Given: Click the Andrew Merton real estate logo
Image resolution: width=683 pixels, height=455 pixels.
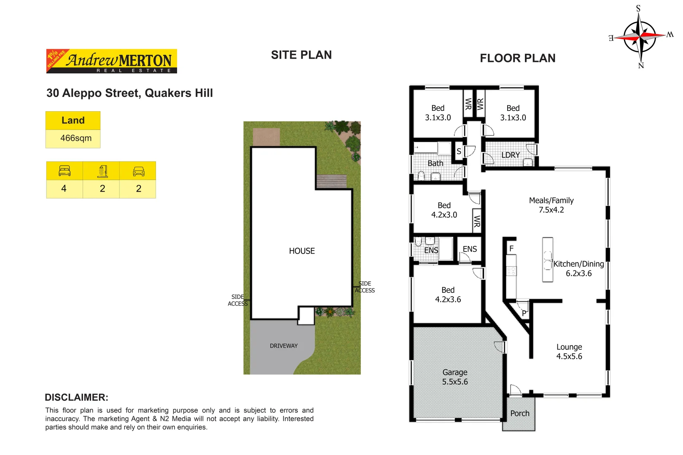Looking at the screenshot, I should click(x=112, y=61).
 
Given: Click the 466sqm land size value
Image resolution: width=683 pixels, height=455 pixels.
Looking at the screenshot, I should click(x=75, y=138).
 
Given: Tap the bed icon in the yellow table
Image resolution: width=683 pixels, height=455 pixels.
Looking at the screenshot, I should click(x=65, y=171).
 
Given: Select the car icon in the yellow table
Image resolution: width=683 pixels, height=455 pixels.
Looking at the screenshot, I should click(x=138, y=171).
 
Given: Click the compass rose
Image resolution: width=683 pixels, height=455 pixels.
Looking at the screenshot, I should click(x=640, y=37).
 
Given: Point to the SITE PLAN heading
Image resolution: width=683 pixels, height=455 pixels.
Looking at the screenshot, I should click(x=301, y=55).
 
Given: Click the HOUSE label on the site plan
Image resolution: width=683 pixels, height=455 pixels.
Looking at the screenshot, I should click(x=301, y=251).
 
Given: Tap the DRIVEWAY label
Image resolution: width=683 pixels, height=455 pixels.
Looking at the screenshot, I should click(x=283, y=346).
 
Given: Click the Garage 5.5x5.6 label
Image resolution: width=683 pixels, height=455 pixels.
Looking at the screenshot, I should click(x=454, y=377).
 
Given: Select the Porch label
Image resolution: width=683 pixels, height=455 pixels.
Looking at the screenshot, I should click(x=519, y=414).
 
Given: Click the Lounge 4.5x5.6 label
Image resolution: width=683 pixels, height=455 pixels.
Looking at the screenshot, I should click(x=569, y=352).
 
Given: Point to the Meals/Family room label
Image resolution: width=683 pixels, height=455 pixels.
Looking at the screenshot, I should click(x=551, y=205).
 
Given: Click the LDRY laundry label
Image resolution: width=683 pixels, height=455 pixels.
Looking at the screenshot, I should click(x=510, y=155).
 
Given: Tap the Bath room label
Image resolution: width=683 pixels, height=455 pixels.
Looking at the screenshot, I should click(x=435, y=163).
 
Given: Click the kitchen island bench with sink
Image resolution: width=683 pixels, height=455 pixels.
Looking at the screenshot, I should click(x=547, y=260).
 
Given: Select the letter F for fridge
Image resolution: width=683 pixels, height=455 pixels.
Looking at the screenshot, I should click(x=511, y=249).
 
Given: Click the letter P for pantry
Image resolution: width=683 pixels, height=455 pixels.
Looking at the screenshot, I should click(x=524, y=313).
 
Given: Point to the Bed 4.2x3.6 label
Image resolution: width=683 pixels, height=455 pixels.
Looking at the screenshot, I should click(x=448, y=295).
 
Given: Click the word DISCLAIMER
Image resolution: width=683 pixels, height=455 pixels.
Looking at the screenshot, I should click(x=76, y=397).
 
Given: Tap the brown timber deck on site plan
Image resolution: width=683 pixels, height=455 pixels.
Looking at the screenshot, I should click(x=331, y=182).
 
